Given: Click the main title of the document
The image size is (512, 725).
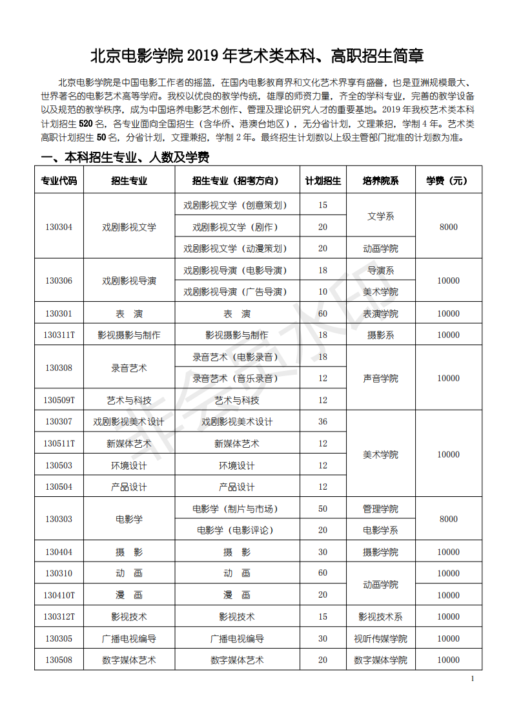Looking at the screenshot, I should (x=256, y=56).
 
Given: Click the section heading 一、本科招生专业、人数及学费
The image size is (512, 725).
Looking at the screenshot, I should (x=125, y=158).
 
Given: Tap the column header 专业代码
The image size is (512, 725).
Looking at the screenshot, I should (x=59, y=181).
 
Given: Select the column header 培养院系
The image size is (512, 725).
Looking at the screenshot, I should (x=381, y=181).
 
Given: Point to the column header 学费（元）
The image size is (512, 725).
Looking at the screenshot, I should (x=448, y=181).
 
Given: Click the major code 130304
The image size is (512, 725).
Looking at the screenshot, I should (x=59, y=227).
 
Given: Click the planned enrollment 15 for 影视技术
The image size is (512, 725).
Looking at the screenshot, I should (x=323, y=617).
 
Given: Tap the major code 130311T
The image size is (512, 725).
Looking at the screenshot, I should (x=59, y=335).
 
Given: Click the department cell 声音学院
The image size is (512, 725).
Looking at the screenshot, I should (x=381, y=379).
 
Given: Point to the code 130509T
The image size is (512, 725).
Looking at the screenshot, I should (x=59, y=401).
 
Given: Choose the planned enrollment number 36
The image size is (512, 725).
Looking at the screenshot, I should (x=323, y=422).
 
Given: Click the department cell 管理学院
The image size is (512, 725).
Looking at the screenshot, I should (x=381, y=509).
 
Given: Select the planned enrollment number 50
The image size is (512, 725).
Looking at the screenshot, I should (x=323, y=509).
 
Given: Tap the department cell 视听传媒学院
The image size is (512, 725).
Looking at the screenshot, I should (x=381, y=639).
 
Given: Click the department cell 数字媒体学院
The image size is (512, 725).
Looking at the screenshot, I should (x=381, y=660).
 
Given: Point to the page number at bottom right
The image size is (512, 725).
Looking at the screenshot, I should (x=473, y=678).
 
